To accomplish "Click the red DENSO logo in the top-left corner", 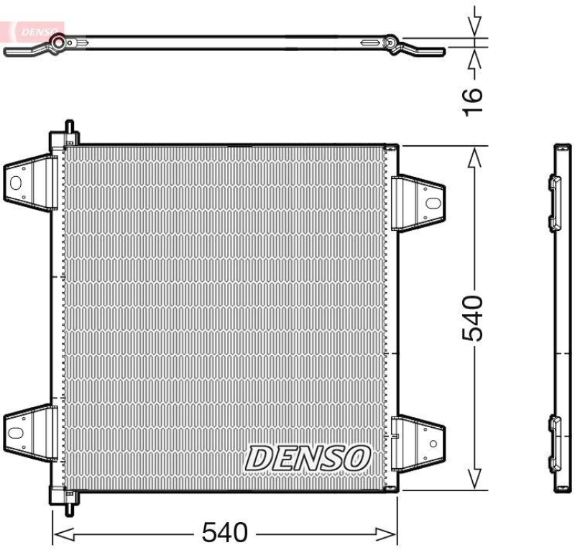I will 32,31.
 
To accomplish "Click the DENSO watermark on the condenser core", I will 308,457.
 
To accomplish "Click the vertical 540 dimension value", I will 473,317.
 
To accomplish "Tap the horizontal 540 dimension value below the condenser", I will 224,533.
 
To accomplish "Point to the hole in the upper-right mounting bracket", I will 432,203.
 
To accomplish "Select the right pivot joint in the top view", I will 391,43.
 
